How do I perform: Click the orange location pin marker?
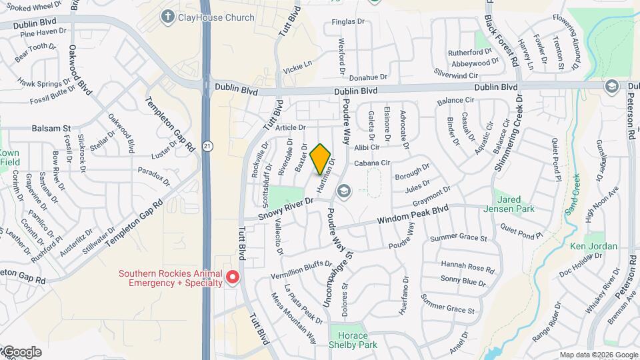point(321,159)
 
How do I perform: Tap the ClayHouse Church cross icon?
point(167,17)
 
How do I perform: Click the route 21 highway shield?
point(209,145)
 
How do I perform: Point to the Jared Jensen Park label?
point(514,204)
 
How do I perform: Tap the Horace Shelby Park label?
point(353,340)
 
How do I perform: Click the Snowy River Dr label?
point(285,209)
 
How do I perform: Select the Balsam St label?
point(51,128)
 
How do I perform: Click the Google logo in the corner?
point(21,352)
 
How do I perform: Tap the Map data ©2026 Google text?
point(598,355)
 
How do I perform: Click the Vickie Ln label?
point(297,67)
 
